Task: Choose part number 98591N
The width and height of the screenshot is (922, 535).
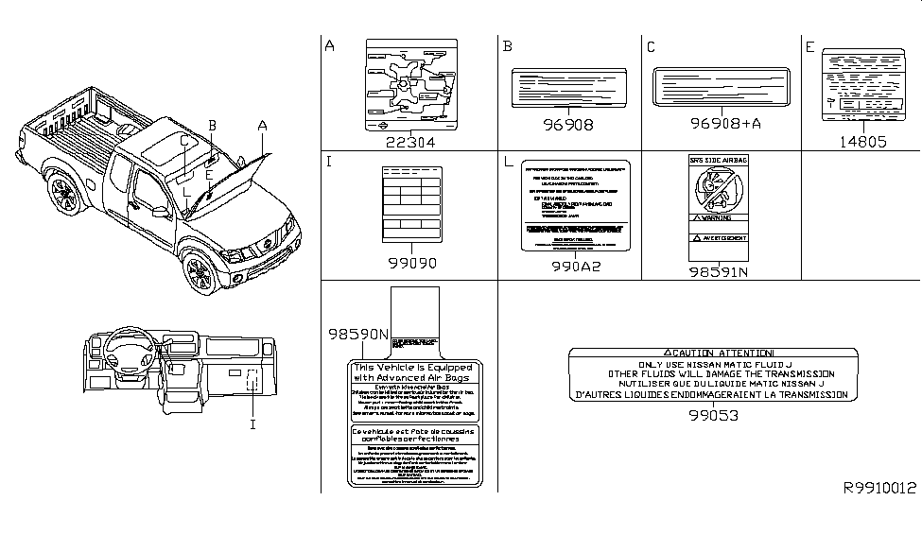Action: (x=716, y=271)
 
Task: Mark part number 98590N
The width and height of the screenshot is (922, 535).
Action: (x=358, y=334)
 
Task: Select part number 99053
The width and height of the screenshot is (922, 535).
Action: (x=714, y=414)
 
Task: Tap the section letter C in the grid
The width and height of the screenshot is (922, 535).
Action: (x=651, y=46)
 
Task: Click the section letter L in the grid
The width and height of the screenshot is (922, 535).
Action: (x=509, y=164)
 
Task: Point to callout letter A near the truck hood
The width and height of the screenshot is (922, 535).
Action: (x=262, y=126)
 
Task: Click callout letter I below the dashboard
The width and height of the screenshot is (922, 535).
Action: (x=252, y=424)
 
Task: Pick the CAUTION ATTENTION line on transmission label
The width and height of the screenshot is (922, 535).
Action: (x=715, y=352)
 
